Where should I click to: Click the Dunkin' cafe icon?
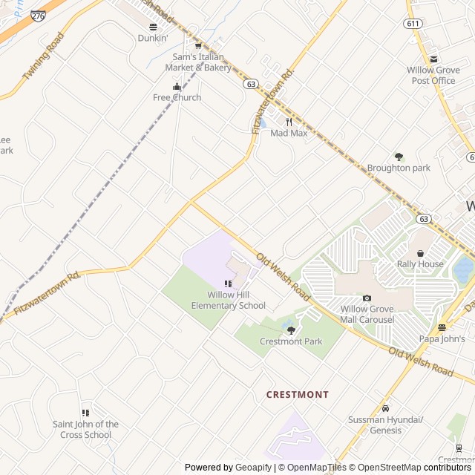click(x=153, y=27)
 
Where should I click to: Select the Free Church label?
click(x=177, y=97)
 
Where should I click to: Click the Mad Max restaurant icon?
click(x=289, y=122)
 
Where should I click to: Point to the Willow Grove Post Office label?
click(x=433, y=75)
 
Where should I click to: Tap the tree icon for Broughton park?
click(x=399, y=157)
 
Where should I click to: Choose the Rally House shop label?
click(x=420, y=264)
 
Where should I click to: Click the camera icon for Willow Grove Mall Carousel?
click(x=367, y=298)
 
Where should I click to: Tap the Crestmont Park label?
click(x=291, y=341)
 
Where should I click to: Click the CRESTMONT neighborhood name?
click(x=297, y=395)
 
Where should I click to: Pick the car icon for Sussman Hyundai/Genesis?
click(x=385, y=408)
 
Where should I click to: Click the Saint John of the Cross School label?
click(x=85, y=430)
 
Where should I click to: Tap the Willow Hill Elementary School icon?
click(x=228, y=284)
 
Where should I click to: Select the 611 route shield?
click(x=413, y=24)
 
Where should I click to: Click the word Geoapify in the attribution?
click(x=253, y=468)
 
